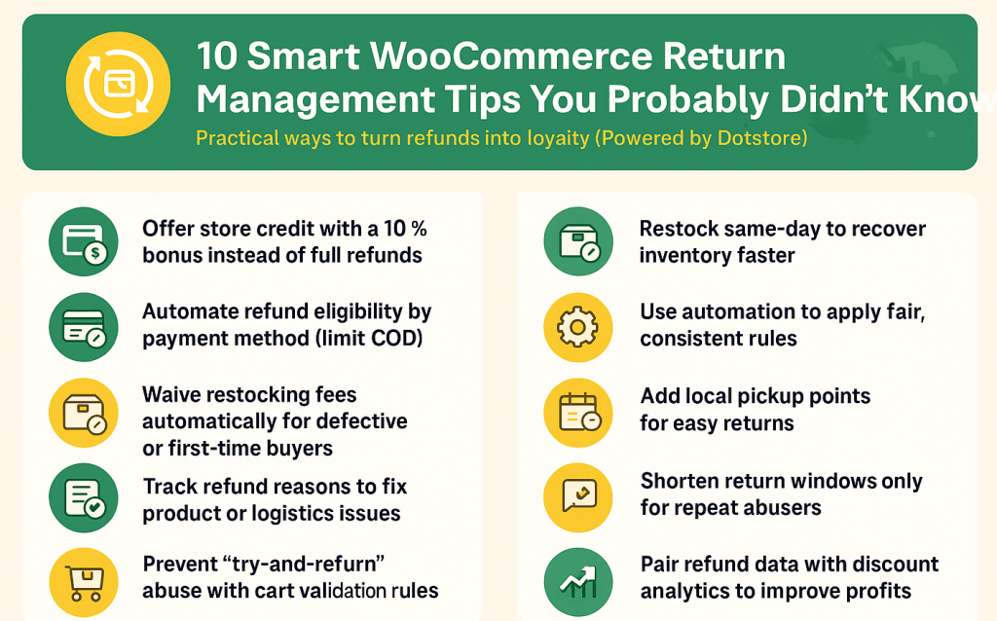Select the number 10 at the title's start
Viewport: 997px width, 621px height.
[x=219, y=56]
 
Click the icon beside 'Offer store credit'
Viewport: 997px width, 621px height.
[x=83, y=241]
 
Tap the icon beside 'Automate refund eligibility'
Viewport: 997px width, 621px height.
[x=83, y=326]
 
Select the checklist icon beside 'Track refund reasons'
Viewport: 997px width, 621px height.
[x=83, y=498]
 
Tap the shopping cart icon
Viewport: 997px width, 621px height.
[x=83, y=582]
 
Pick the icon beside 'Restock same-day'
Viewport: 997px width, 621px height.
[x=578, y=241]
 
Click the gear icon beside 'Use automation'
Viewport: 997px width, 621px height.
[x=578, y=326]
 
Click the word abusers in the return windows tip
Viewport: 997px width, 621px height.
[x=778, y=507]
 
